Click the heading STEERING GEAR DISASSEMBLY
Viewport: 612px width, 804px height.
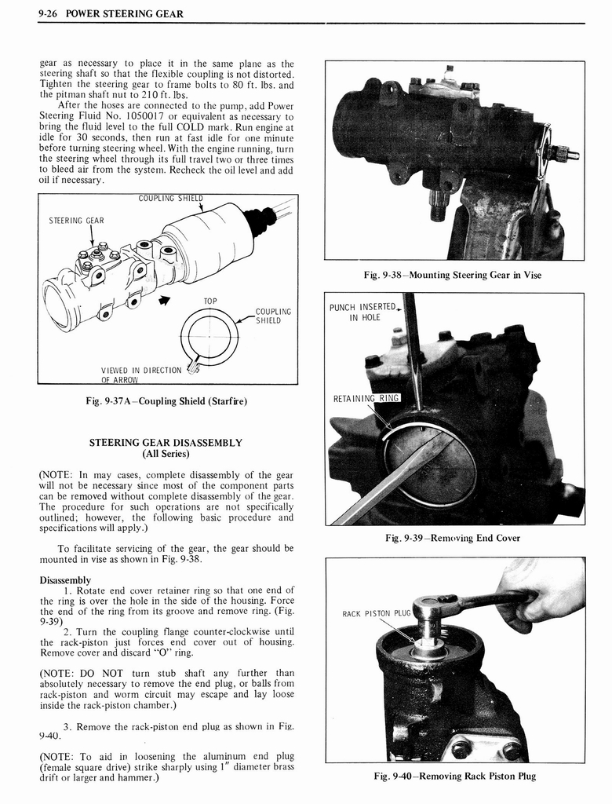coord(166,443)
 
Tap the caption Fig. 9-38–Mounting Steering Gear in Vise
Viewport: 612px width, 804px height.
coord(453,275)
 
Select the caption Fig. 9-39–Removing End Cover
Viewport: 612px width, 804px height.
coord(453,538)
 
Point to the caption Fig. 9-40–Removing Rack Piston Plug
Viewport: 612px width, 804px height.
coord(454,777)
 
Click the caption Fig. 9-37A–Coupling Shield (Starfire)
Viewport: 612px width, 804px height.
coord(166,402)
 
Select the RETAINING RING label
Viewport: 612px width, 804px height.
coord(366,398)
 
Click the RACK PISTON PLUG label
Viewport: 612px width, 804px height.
coord(377,613)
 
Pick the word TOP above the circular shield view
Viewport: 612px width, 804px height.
coord(210,301)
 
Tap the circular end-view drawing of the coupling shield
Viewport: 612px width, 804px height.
coord(209,336)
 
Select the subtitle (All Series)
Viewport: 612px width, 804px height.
coord(166,454)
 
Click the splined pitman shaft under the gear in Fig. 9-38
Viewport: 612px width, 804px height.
coord(439,209)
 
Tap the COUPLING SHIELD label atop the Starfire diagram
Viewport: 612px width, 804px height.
coord(170,198)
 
